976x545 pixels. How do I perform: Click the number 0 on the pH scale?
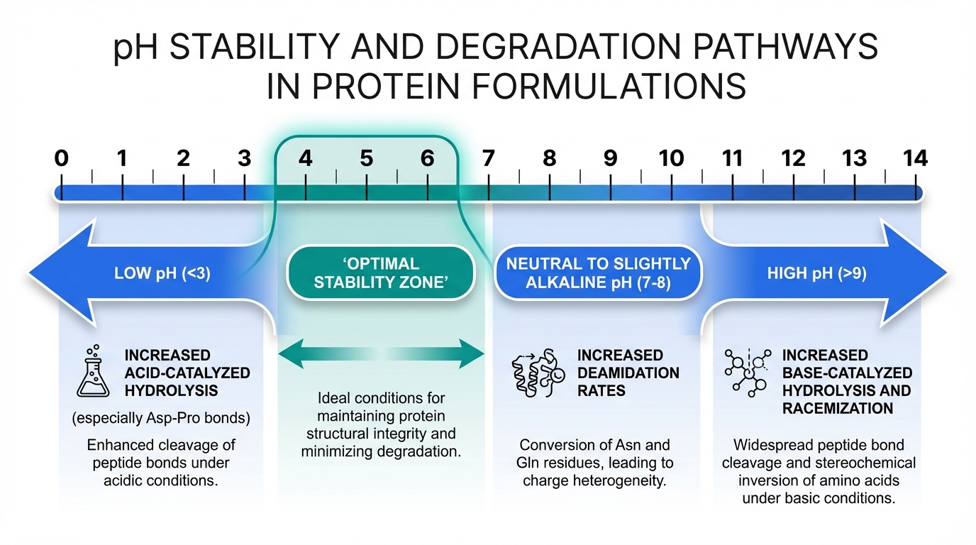(x=62, y=158)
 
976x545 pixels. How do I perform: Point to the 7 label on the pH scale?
(x=488, y=158)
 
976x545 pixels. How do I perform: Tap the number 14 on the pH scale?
(x=916, y=158)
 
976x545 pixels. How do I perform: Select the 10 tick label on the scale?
(x=671, y=158)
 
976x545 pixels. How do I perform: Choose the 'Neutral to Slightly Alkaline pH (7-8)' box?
(x=598, y=273)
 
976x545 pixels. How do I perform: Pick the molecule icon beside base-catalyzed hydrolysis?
(x=747, y=372)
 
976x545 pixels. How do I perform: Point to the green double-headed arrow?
(x=382, y=353)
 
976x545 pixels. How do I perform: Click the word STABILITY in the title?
(x=262, y=50)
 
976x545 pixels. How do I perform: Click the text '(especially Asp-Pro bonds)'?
(x=161, y=418)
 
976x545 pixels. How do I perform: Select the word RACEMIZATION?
(x=837, y=408)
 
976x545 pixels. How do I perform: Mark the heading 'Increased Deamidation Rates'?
(x=628, y=373)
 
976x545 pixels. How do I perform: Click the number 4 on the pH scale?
(x=305, y=158)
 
